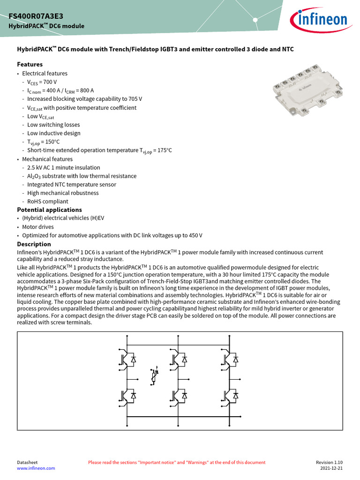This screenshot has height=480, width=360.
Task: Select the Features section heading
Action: click(x=30, y=64)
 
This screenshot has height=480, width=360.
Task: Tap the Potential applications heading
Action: click(x=49, y=210)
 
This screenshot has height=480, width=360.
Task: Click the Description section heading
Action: click(x=34, y=244)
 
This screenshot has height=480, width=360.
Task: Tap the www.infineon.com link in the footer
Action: click(x=36, y=468)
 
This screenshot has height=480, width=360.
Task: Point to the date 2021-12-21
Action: click(x=331, y=468)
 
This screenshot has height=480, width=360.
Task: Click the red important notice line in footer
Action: click(x=177, y=462)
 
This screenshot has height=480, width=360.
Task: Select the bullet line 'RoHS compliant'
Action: click(x=47, y=202)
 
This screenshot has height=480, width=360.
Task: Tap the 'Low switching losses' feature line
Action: click(x=53, y=125)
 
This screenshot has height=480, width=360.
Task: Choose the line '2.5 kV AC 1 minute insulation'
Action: click(x=63, y=167)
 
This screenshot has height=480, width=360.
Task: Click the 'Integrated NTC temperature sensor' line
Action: click(x=72, y=184)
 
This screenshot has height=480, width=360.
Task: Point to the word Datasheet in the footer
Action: click(x=27, y=462)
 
